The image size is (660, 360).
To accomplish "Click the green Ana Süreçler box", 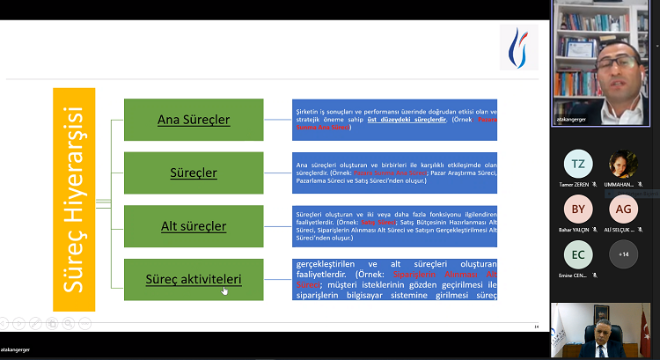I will (x=194, y=120).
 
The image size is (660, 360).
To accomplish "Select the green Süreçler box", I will (x=194, y=173).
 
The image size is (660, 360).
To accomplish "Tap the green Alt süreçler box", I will (x=194, y=226).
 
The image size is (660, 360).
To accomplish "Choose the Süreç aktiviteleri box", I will (x=194, y=280).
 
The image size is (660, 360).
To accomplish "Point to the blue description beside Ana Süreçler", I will (x=394, y=120).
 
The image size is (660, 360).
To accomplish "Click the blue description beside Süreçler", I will (x=394, y=173).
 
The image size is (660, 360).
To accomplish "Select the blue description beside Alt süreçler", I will (x=394, y=226).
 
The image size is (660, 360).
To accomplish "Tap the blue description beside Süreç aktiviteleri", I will (x=394, y=280).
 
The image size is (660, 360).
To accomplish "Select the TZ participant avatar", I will (x=578, y=164).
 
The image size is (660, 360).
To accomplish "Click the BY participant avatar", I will (x=578, y=209).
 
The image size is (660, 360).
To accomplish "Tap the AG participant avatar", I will (x=623, y=209).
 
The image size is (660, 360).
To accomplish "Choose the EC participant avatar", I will (x=578, y=255).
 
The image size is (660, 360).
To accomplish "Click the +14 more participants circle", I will (x=623, y=255).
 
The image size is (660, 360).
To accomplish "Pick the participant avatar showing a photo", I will (x=623, y=164).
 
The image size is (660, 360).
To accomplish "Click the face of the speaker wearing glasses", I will (x=608, y=66).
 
